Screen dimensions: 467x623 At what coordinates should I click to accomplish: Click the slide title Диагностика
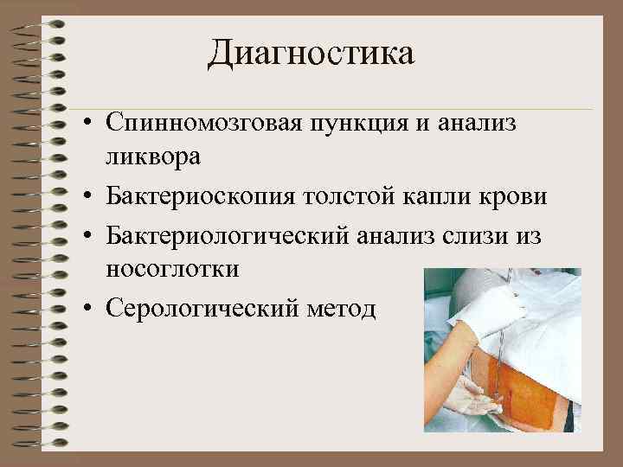pos(311,54)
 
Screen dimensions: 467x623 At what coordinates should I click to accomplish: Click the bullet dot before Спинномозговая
pos(89,125)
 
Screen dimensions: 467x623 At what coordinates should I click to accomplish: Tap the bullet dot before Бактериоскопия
pos(89,198)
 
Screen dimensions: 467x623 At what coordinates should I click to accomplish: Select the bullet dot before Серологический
pos(89,309)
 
